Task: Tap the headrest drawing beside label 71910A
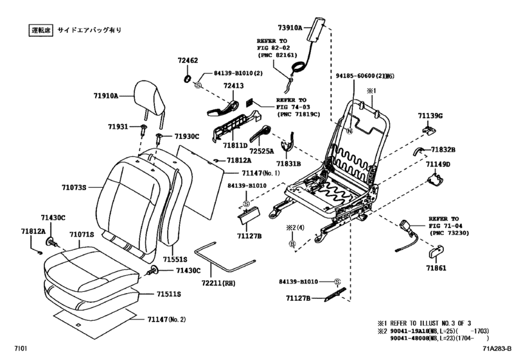point(149,96)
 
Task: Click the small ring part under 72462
point(187,78)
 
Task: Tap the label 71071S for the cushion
point(82,235)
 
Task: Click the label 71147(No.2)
point(166,319)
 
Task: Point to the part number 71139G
point(430,116)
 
